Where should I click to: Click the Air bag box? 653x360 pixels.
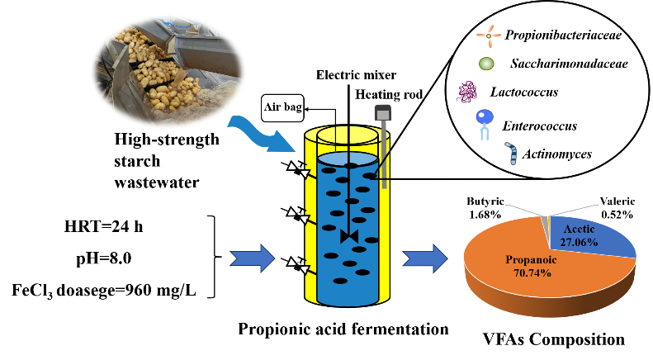coord(283,108)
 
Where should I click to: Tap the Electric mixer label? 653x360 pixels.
coord(356,75)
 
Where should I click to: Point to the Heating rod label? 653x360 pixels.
coord(389,95)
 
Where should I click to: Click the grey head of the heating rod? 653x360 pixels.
coord(382,112)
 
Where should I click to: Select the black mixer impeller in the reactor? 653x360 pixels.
coord(349,236)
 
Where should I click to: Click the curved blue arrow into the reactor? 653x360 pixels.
coord(262,134)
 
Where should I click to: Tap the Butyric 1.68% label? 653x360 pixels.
coord(485,208)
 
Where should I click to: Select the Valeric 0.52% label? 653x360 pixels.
coord(618,208)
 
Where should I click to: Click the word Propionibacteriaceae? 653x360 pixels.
coord(563,35)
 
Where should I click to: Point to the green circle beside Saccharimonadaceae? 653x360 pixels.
coord(486,64)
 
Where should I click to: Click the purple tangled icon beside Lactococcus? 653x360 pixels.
coord(467,92)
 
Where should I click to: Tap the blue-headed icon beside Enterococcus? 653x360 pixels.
coord(485,124)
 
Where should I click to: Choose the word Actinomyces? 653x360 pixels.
coord(556,154)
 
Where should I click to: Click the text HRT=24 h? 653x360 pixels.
coord(103,227)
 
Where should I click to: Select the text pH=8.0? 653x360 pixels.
coord(104,258)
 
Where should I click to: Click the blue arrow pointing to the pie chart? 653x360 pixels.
coord(425,258)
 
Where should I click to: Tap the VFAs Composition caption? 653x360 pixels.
coord(554,339)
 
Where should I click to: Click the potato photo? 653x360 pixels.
coord(168,70)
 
